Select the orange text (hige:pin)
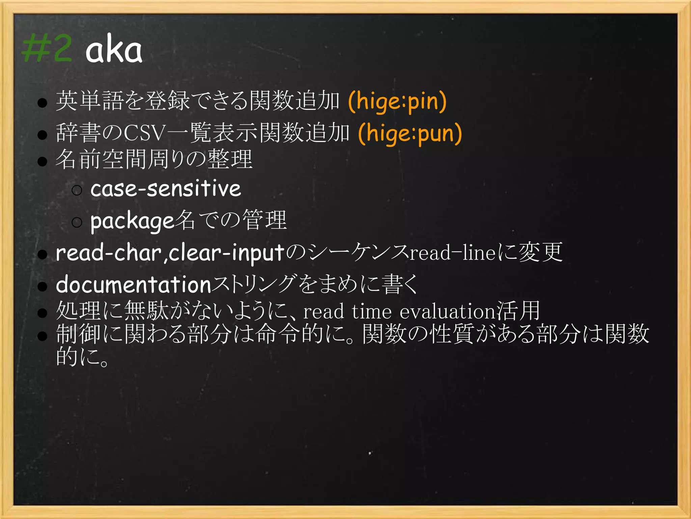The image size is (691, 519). coord(397,101)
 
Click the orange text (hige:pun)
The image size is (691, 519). coord(410,133)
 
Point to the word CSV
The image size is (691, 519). coord(145,133)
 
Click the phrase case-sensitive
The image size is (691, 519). coord(166,189)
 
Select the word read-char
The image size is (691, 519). coord(108,253)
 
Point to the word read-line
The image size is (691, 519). coord(452,253)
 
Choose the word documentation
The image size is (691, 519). coord(134,285)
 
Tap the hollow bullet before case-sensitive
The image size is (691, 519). coord(77,190)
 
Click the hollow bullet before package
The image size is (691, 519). coord(77,222)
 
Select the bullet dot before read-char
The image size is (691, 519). coord(42,255)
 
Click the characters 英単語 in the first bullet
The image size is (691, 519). coord(90,101)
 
